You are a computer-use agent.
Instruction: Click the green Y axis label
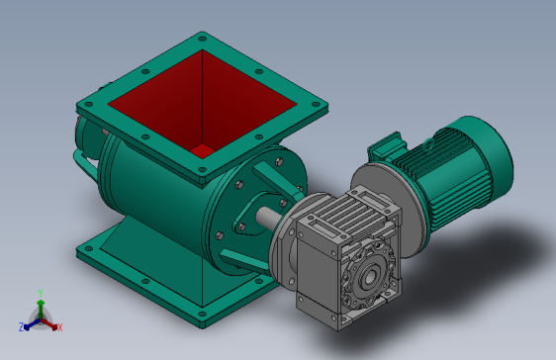pos(41,293)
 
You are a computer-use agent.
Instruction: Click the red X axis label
pos(60,327)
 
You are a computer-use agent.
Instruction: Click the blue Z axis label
pos(21,326)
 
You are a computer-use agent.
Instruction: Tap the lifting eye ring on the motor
pos(428,143)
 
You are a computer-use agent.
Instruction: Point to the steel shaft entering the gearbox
pos(268,218)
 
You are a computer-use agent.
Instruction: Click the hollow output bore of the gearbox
pos(369,276)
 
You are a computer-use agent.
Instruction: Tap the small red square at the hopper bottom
pos(203,150)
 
